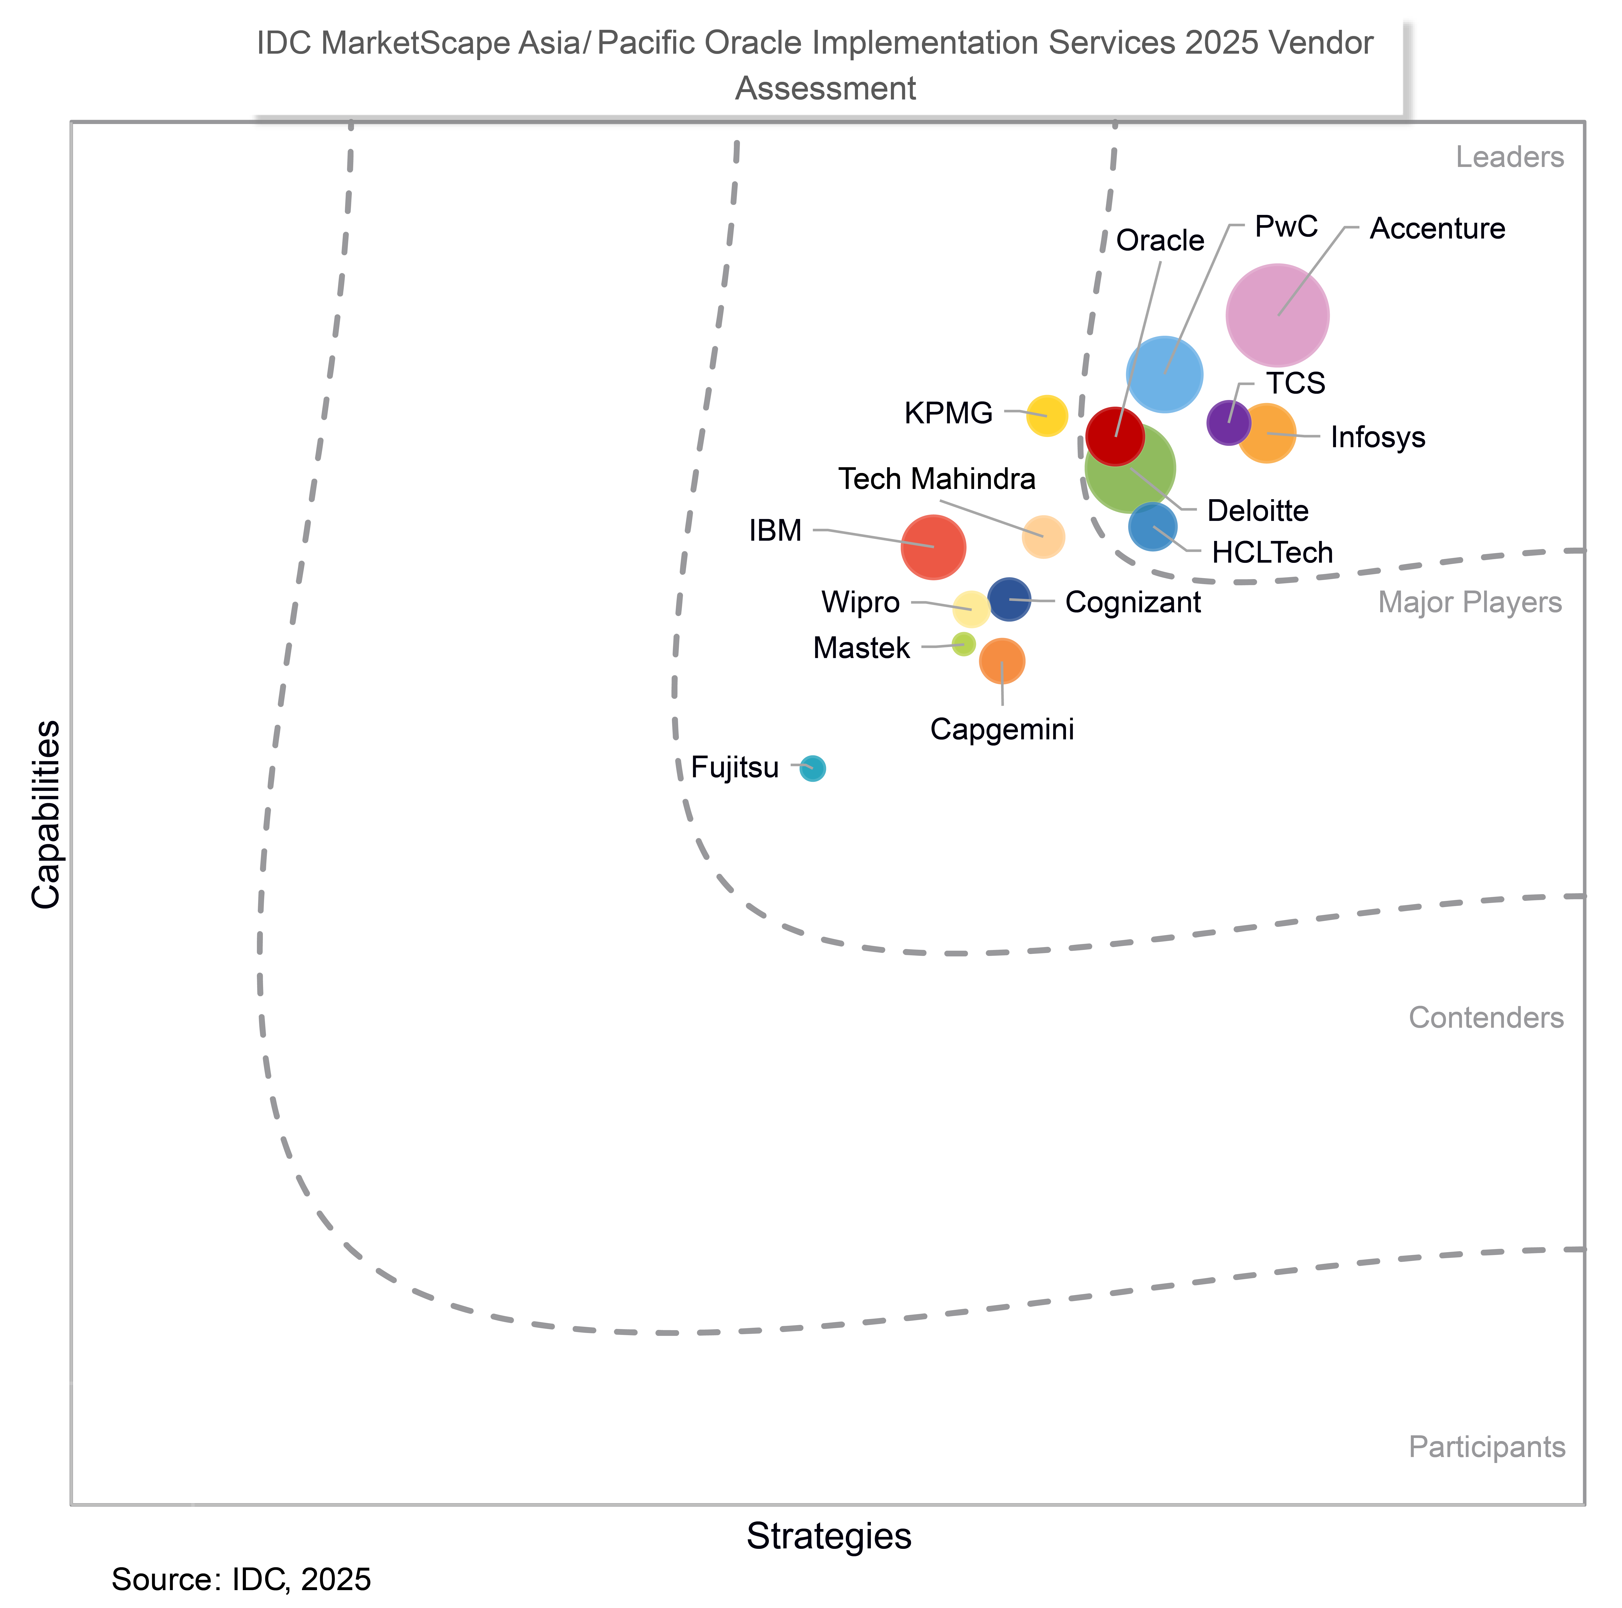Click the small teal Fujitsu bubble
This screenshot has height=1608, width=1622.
pyautogui.click(x=812, y=768)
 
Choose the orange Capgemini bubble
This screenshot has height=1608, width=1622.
pyautogui.click(x=1002, y=661)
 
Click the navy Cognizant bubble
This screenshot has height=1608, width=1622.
pyautogui.click(x=1008, y=599)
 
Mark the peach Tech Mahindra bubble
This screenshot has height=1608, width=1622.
pyautogui.click(x=1043, y=536)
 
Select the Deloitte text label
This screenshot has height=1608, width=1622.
pyautogui.click(x=1257, y=510)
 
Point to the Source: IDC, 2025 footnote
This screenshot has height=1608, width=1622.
pyautogui.click(x=241, y=1579)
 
